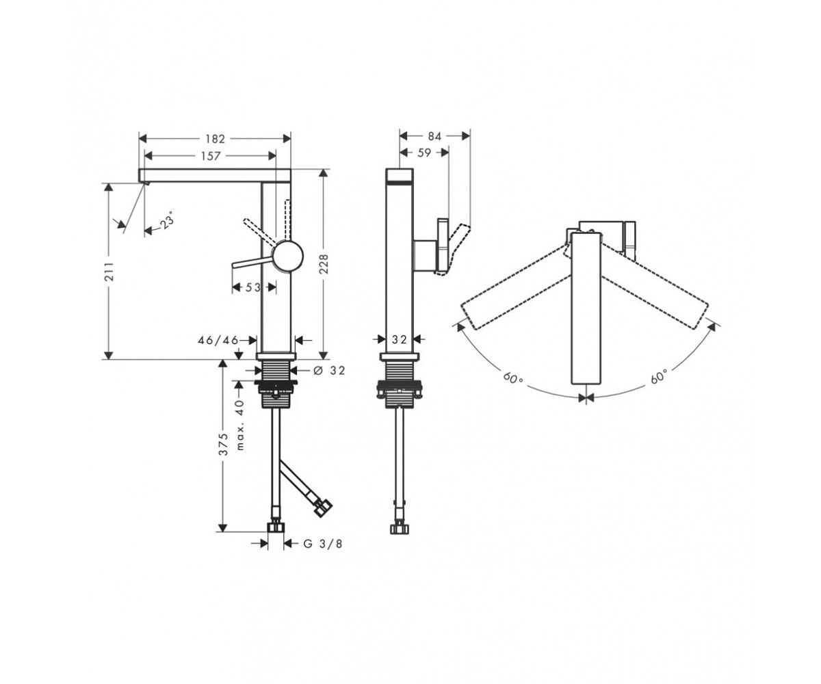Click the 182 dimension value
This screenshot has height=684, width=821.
[x=215, y=139]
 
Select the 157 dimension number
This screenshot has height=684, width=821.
[x=210, y=156]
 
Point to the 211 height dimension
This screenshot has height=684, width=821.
[x=110, y=271]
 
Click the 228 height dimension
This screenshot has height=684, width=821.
[x=324, y=264]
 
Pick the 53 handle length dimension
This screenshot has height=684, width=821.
[x=254, y=288]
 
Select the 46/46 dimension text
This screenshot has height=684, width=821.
[x=218, y=340]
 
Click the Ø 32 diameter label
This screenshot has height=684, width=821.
[x=330, y=370]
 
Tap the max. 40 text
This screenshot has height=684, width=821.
[x=241, y=425]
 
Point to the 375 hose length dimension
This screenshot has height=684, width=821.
[x=223, y=444]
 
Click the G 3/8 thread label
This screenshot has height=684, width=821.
[x=323, y=544]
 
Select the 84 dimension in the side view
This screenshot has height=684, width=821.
[x=434, y=136]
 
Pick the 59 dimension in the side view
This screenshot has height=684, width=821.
[x=424, y=153]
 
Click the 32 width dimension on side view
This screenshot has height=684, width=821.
[x=399, y=339]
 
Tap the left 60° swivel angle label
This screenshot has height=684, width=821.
[x=512, y=378]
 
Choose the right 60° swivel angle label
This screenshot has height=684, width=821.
[x=659, y=377]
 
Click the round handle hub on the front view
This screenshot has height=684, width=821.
[x=289, y=256]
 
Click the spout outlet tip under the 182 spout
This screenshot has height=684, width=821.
[x=144, y=183]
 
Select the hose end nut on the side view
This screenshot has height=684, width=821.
[x=400, y=527]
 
